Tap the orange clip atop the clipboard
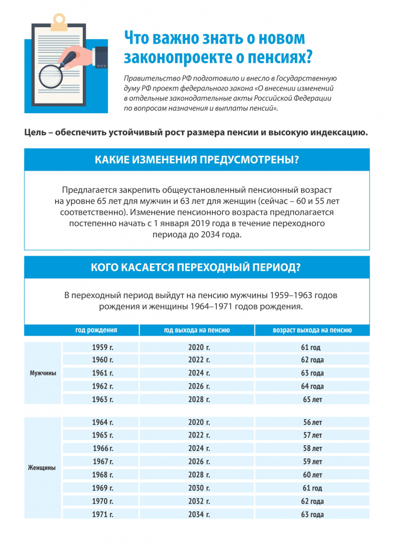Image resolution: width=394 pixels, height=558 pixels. coord(60,22)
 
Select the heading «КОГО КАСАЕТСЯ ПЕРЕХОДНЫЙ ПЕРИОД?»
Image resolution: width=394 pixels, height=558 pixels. coord(197,268)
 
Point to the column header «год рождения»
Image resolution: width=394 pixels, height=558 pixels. coord(96,330)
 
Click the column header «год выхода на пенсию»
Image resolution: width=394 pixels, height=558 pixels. coord(197,330)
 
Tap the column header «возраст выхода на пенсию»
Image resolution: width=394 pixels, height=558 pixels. coord(312,330)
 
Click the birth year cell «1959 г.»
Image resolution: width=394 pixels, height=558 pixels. coord(102,347)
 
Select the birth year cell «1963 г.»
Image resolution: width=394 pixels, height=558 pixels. coord(102,399)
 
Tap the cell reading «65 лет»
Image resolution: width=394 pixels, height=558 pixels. coord(312,399)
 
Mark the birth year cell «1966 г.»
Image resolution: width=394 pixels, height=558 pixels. coord(102,448)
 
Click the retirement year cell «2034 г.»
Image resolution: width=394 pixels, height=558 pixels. coord(199,514)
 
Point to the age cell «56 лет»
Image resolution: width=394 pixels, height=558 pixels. coord(312,422)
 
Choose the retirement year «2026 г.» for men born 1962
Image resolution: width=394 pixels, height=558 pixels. coord(199,386)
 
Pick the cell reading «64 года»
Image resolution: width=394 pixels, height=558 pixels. coord(312,386)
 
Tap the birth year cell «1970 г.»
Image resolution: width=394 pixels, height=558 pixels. coord(102,501)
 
